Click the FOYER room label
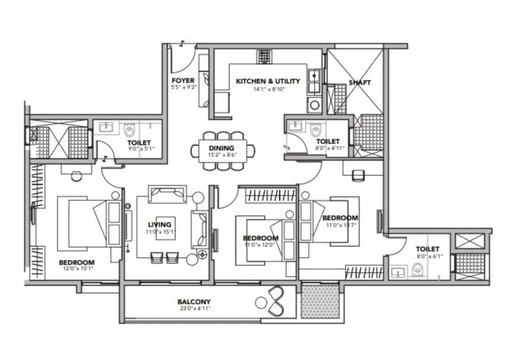(x=183, y=81)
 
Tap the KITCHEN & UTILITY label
(x=267, y=81)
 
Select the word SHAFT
(x=359, y=83)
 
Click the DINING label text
(x=221, y=148)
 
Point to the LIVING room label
(x=160, y=224)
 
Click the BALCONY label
(x=194, y=302)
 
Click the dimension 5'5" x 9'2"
(x=183, y=88)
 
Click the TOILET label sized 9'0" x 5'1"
(x=139, y=143)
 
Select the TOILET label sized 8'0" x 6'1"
(x=427, y=249)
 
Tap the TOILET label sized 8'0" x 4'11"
(x=327, y=141)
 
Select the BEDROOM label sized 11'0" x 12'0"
(x=260, y=238)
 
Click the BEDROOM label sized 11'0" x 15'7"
(x=340, y=218)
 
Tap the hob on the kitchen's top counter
(x=263, y=56)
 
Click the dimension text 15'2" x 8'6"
(x=221, y=156)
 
